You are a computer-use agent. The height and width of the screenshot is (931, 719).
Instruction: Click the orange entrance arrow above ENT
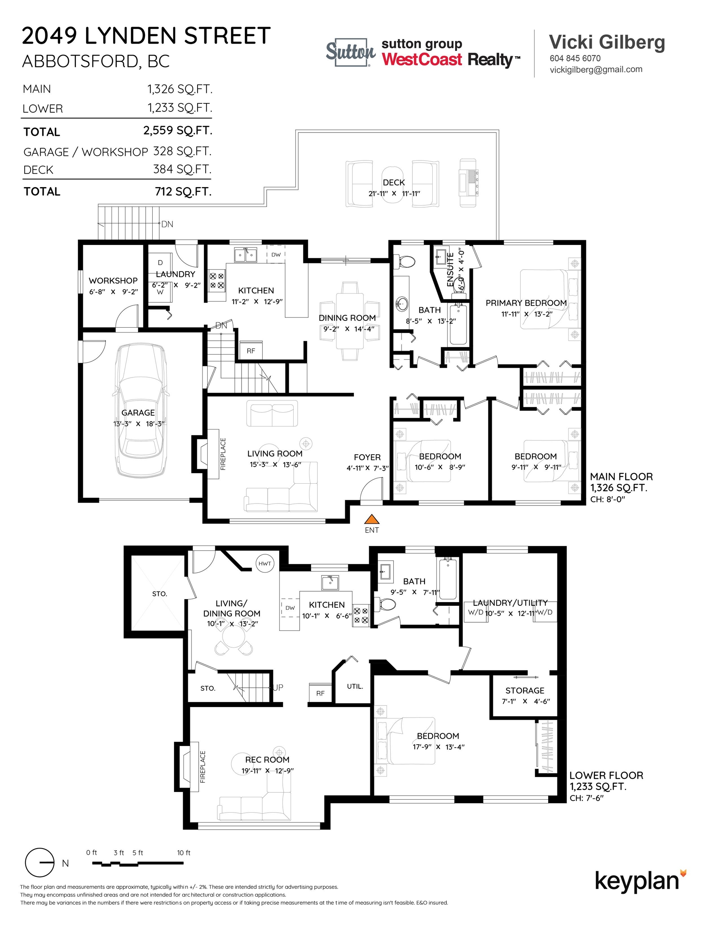point(372,519)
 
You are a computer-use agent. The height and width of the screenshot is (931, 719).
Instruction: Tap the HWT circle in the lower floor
point(265,564)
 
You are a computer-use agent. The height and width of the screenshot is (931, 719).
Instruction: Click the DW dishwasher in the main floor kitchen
point(276,255)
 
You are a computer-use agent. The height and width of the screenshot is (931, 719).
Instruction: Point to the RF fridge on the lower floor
point(320,693)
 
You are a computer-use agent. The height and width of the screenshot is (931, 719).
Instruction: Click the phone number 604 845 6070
point(575,59)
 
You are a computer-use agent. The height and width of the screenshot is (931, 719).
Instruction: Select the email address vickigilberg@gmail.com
point(596,70)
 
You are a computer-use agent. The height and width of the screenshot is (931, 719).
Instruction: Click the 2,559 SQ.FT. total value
point(177,131)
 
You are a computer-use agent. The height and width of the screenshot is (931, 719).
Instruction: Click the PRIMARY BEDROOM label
point(526,303)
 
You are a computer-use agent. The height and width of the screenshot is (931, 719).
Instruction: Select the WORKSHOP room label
point(114,280)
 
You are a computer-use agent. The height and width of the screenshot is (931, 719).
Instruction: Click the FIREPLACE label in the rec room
point(203,767)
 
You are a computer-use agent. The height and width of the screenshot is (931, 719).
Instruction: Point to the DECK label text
point(394,183)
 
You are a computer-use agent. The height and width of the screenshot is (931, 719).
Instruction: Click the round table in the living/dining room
point(232,638)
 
